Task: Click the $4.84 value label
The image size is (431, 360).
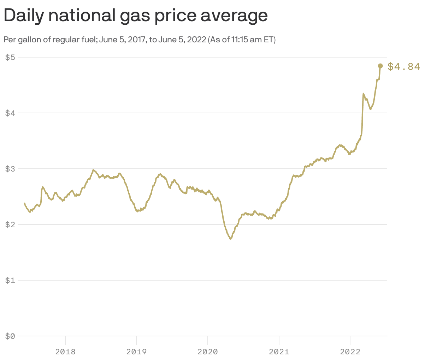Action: coord(404,66)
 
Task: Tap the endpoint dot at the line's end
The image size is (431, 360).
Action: coord(380,66)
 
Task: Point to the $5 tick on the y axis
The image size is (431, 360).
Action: coord(10,57)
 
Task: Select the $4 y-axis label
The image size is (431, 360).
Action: coord(10,113)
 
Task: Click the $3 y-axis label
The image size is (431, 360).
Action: coord(10,169)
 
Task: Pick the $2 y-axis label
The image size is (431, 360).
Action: coord(10,224)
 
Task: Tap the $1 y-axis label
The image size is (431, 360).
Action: coord(10,280)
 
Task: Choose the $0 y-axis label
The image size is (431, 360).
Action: coord(10,336)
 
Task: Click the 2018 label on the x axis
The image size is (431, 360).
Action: coord(65,352)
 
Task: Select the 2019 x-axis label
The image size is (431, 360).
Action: coord(136,352)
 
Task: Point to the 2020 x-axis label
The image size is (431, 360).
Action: coord(208,352)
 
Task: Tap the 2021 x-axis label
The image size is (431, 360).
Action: coord(279,352)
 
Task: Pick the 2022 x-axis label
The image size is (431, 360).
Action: coord(350,352)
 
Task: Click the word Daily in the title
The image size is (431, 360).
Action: coord(25,16)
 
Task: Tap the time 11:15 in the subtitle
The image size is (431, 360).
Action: coord(241,40)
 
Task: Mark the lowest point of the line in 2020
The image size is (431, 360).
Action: coord(230,239)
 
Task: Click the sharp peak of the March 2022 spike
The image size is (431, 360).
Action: coord(364,94)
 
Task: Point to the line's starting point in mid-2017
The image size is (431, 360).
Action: coord(24,203)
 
